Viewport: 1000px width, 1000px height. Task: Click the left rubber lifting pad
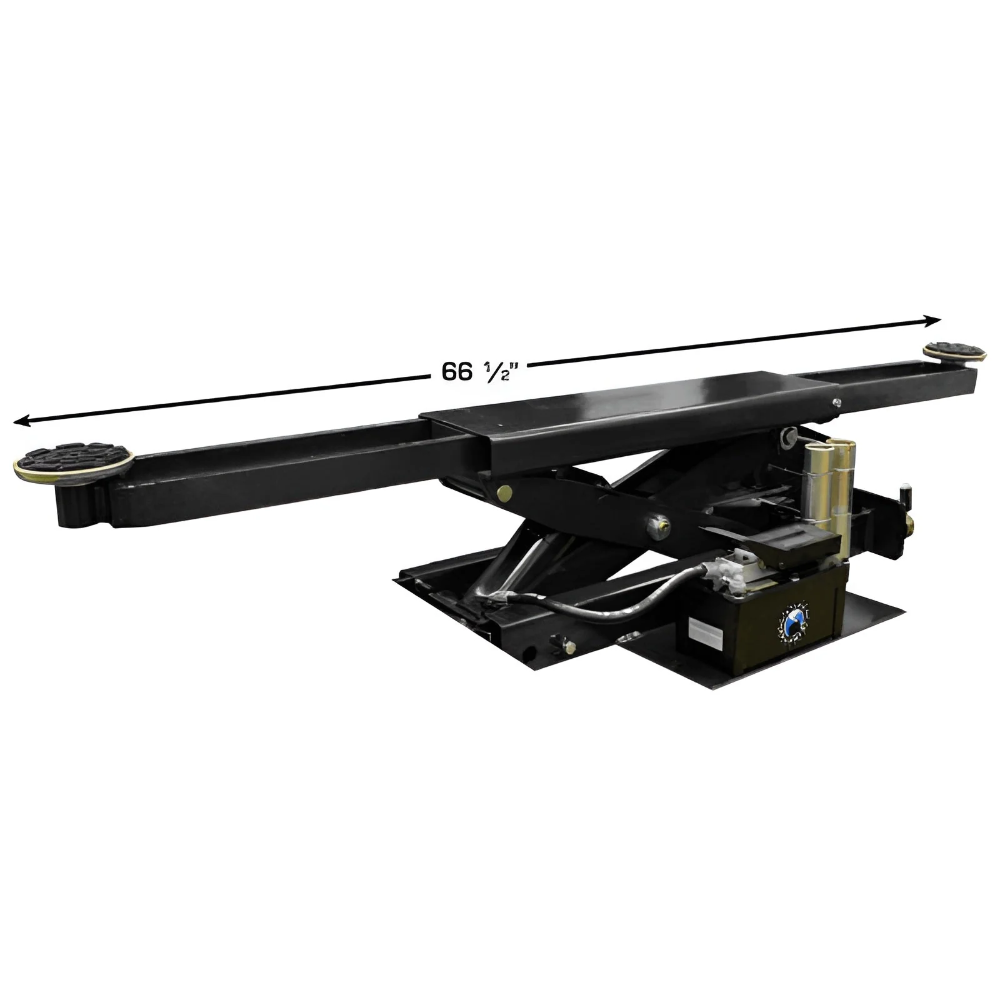72,461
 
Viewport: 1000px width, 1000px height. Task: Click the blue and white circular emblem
791,622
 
